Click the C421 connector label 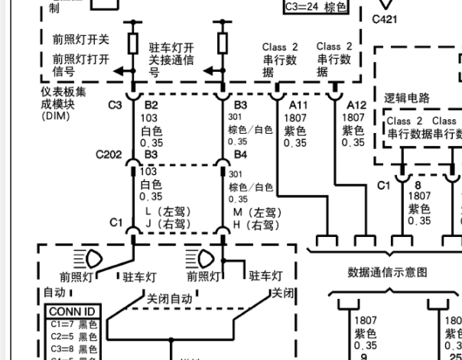coord(385,20)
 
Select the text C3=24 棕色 coord(314,8)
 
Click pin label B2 coord(151,105)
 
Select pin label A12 coord(356,105)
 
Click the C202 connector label coord(109,155)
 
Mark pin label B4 coord(240,155)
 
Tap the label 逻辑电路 coord(406,98)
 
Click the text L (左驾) coord(168,212)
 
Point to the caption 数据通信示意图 coord(387,271)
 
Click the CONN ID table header coord(73,312)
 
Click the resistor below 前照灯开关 coord(132,41)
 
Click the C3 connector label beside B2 coord(115,105)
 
